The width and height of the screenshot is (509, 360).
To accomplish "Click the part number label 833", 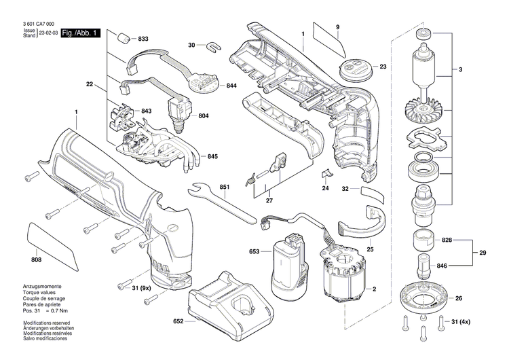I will pyautogui.click(x=143, y=39).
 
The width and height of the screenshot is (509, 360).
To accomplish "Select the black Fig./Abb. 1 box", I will pyautogui.click(x=80, y=33).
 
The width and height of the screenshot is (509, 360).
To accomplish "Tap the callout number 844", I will pyautogui.click(x=231, y=86).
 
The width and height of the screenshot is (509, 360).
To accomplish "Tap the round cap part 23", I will pyautogui.click(x=354, y=68).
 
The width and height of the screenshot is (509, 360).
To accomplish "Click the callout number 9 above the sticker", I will pyautogui.click(x=337, y=26).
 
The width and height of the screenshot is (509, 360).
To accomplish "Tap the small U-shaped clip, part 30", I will pyautogui.click(x=214, y=46).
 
